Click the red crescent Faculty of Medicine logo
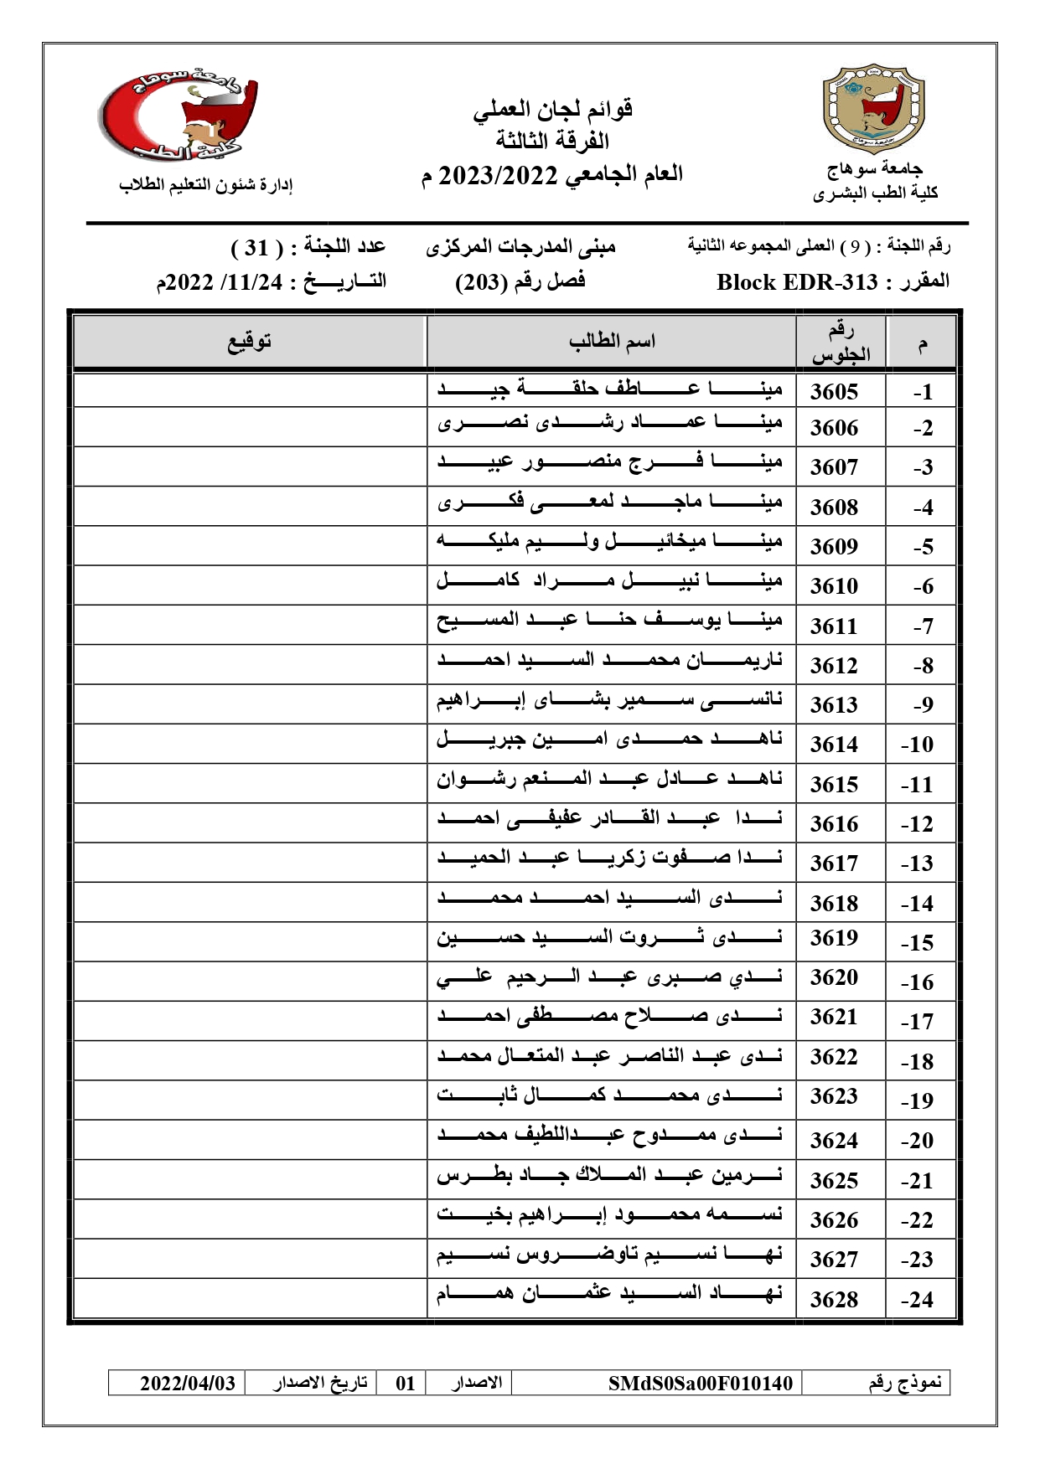179,116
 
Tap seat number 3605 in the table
834,391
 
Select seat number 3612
834,665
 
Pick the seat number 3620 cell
834,977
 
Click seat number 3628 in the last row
834,1299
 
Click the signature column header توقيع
250,342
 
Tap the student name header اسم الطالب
612,341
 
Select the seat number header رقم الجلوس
841,343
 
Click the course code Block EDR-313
797,282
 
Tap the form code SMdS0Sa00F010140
700,1383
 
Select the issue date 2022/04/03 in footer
188,1383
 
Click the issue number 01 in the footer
406,1383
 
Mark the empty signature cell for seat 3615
250,784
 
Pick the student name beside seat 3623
610,1096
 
